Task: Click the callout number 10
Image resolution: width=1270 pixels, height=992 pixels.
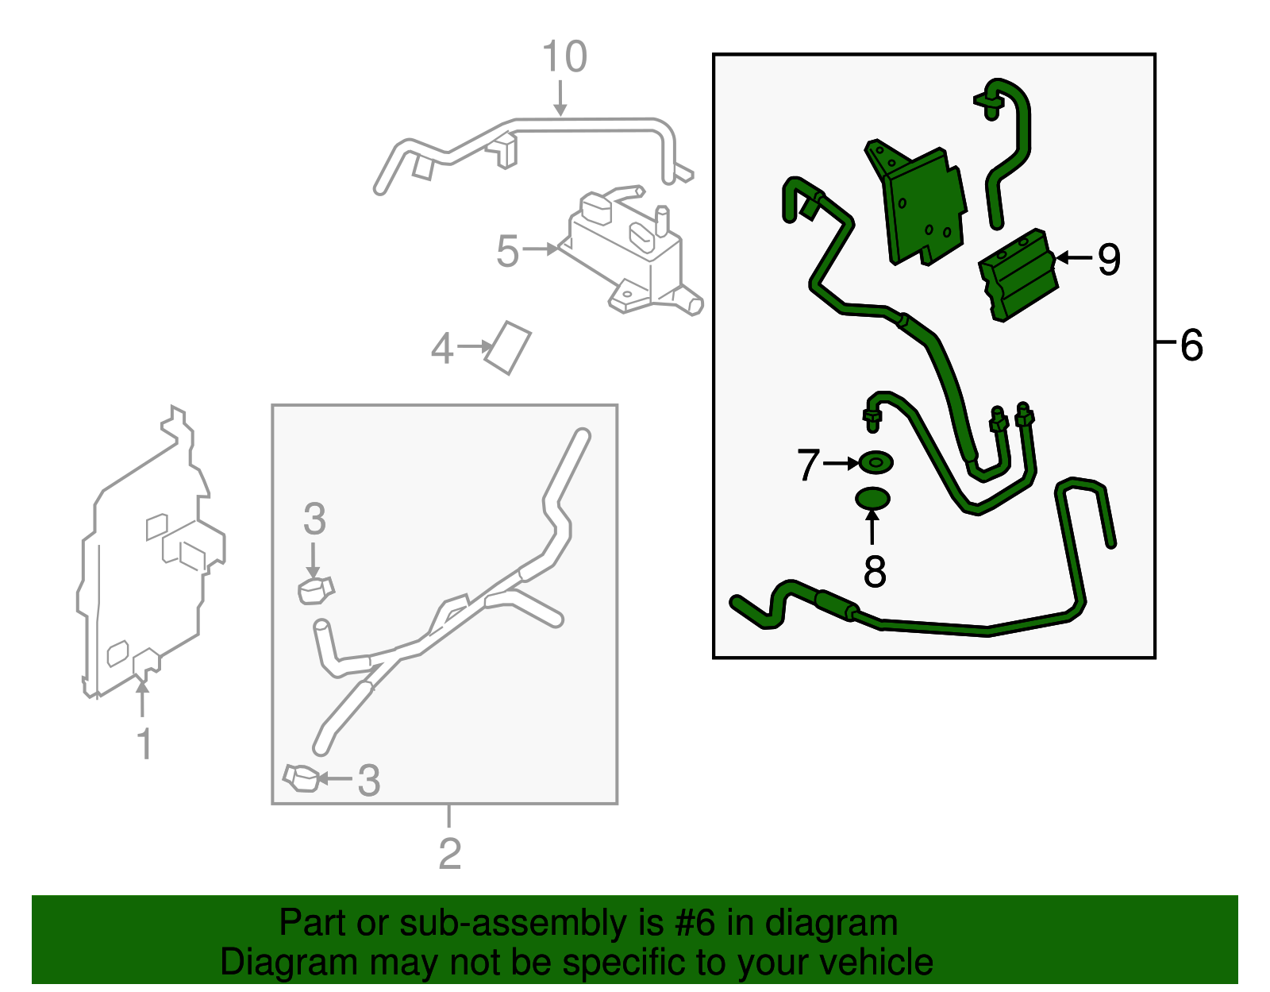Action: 564,56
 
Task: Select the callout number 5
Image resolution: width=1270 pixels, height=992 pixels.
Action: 507,251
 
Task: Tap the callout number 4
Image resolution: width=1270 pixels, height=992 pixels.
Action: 442,348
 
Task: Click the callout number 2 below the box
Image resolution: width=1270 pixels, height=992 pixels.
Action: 449,854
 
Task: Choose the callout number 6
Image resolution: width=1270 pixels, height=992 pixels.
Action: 1191,345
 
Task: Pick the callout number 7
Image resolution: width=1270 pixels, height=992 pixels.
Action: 809,464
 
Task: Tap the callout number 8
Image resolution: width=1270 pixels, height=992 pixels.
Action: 875,571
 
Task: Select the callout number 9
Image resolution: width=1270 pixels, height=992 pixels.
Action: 1109,259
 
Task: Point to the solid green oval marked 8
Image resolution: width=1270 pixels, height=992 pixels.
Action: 872,499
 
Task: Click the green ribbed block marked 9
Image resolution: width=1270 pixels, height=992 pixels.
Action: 1018,275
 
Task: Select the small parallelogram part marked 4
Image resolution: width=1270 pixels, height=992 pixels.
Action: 508,347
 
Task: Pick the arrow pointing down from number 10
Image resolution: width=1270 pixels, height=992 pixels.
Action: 560,98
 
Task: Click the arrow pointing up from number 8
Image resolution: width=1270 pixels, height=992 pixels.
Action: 872,528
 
